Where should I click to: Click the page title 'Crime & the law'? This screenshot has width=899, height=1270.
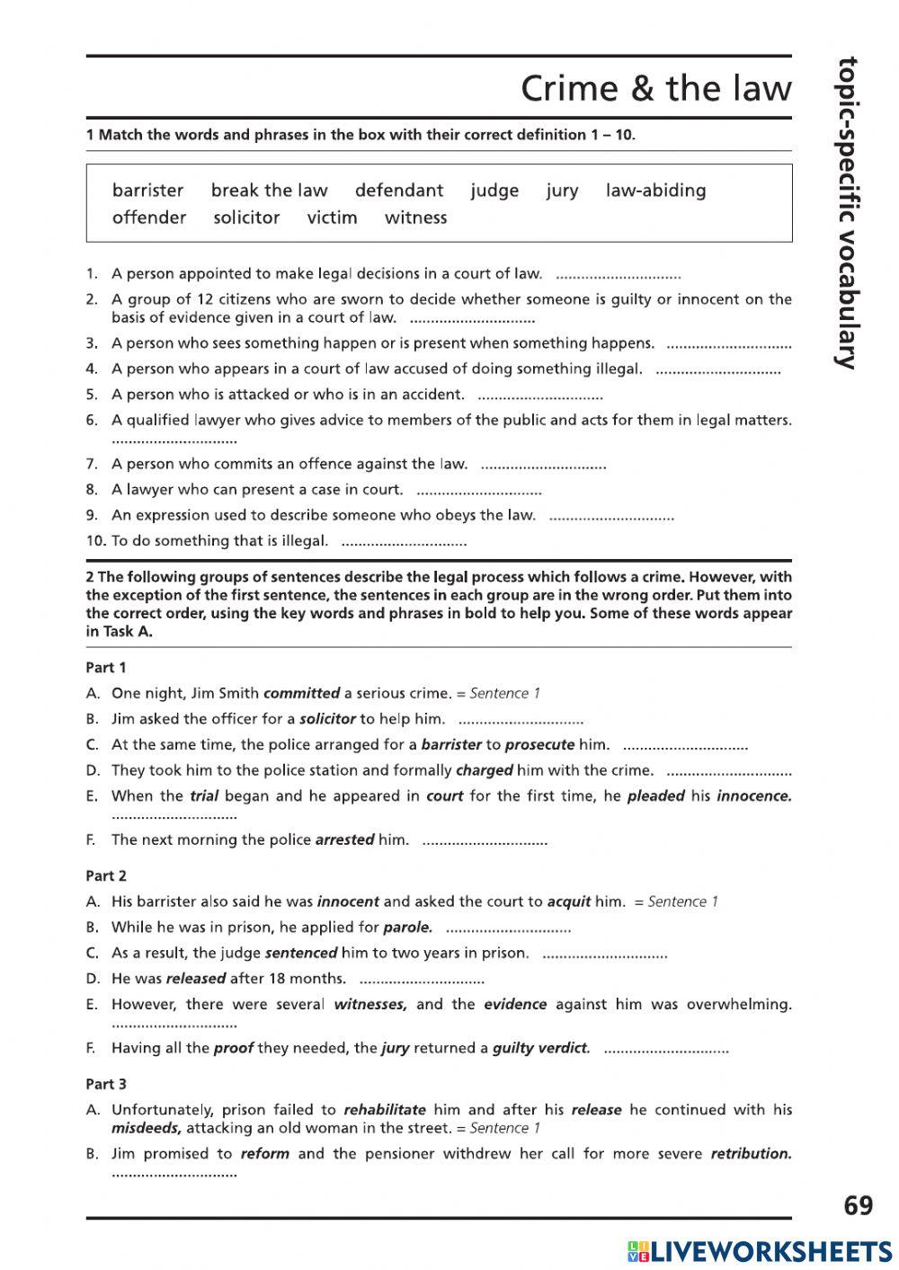(655, 89)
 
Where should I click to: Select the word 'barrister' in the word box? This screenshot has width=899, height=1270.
(147, 191)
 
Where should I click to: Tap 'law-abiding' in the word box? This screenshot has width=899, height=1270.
(655, 191)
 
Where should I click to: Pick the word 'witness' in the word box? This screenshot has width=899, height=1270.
(415, 218)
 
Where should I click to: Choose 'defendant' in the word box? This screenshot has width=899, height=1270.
(398, 191)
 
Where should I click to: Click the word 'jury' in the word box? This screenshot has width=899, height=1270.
(562, 191)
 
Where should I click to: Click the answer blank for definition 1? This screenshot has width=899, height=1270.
(619, 276)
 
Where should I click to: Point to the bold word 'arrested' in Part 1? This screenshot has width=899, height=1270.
(344, 839)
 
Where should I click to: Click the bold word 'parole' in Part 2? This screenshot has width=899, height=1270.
(407, 927)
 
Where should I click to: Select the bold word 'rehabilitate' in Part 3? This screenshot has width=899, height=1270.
(384, 1110)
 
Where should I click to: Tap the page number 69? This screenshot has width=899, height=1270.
(858, 1205)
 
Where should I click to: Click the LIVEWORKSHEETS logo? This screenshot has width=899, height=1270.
(760, 1250)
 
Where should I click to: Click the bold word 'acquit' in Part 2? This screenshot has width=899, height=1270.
(569, 901)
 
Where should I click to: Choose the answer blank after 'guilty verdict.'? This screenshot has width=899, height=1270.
(665, 1050)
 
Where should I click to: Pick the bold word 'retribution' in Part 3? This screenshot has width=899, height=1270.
(751, 1153)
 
